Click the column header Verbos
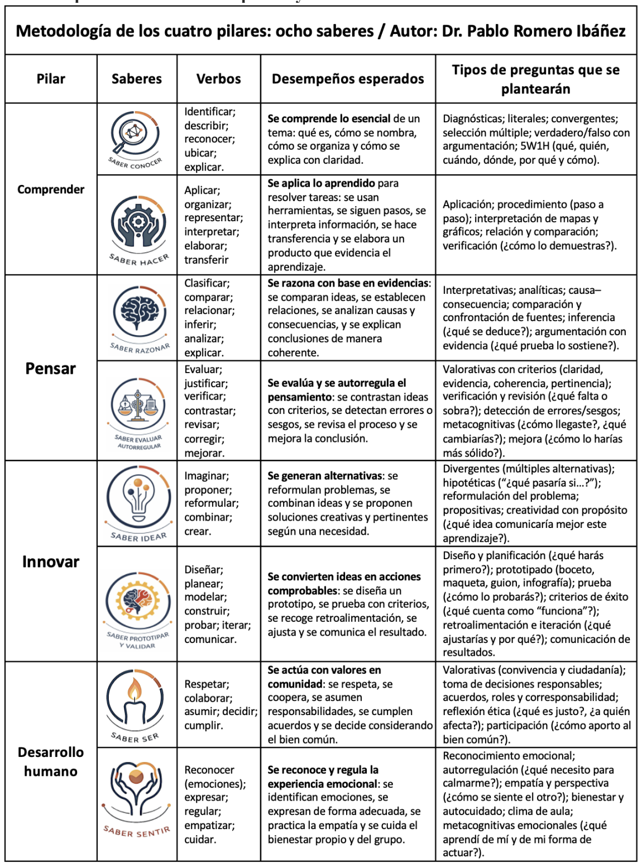pyautogui.click(x=218, y=79)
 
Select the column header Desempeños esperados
pyautogui.click(x=347, y=79)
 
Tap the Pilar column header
pyautogui.click(x=51, y=79)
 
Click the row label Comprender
pyautogui.click(x=51, y=189)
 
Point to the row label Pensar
pyautogui.click(x=51, y=368)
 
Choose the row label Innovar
pyautogui.click(x=51, y=561)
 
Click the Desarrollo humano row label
pyautogui.click(x=51, y=761)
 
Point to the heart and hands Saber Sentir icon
pyautogui.click(x=136, y=788)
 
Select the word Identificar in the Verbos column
pyautogui.click(x=210, y=112)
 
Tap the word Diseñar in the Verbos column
pyautogui.click(x=204, y=570)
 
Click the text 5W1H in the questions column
pyautogui.click(x=535, y=146)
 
